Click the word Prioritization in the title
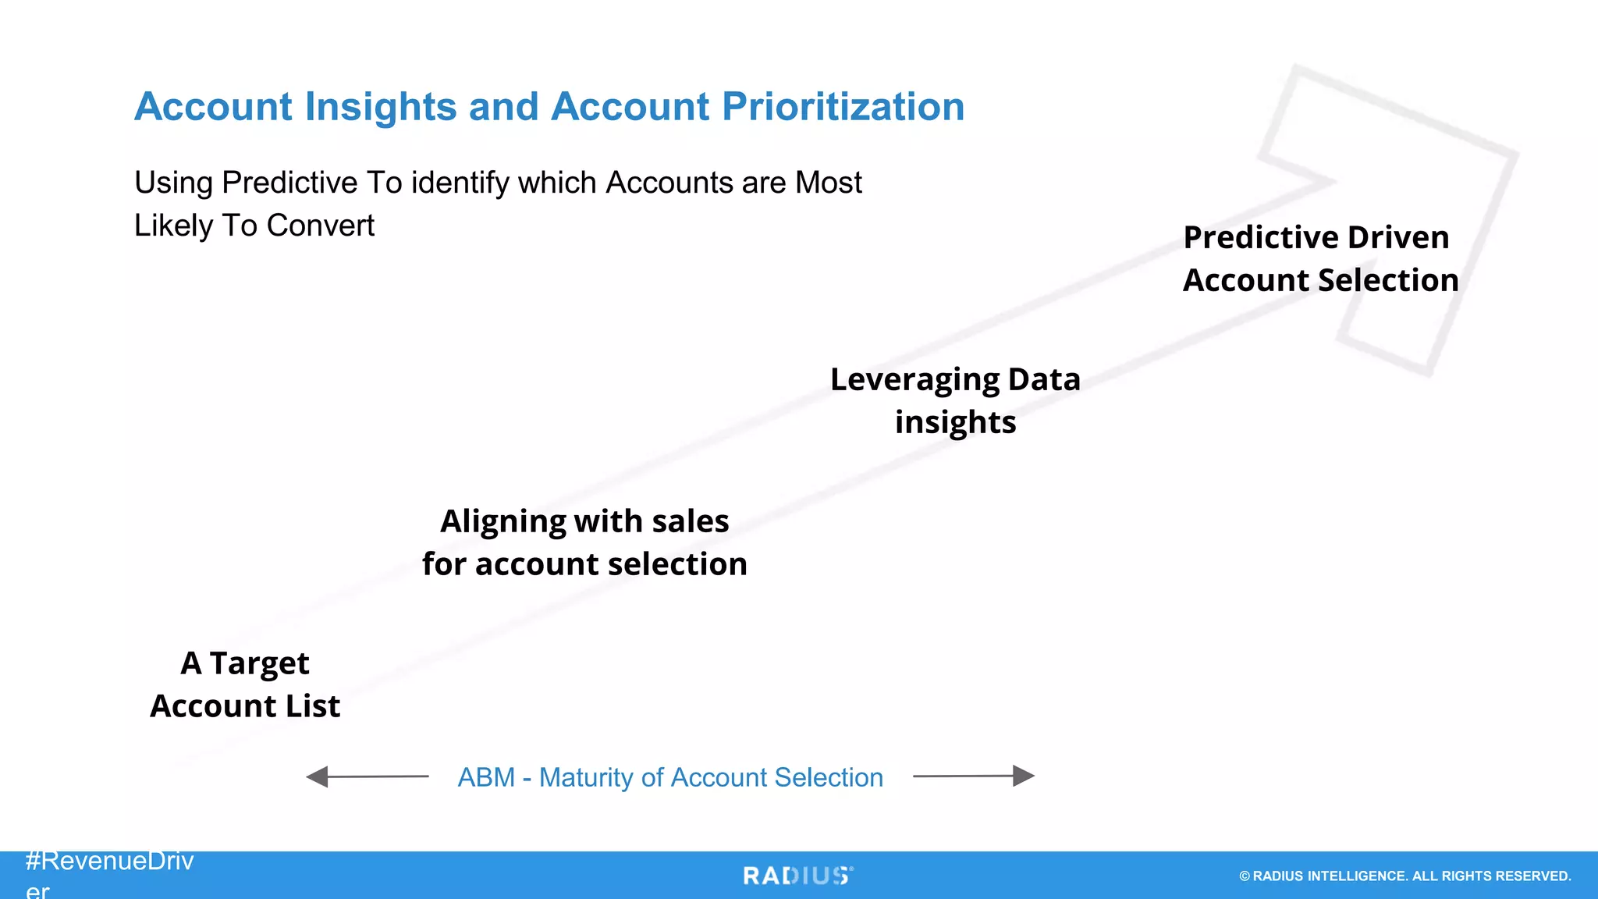pyautogui.click(x=843, y=107)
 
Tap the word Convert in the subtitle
pyautogui.click(x=320, y=226)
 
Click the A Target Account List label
pyautogui.click(x=245, y=684)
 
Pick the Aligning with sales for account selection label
pyautogui.click(x=584, y=542)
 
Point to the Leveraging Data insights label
pyautogui.click(x=955, y=400)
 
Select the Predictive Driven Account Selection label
pyautogui.click(x=1320, y=258)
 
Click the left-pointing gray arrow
pyautogui.click(x=367, y=776)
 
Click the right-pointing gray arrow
pyautogui.click(x=974, y=776)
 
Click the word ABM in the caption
pyautogui.click(x=486, y=777)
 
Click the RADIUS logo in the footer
pyautogui.click(x=797, y=876)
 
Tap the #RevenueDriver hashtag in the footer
pyautogui.click(x=109, y=862)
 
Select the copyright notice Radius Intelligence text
pyautogui.click(x=1404, y=876)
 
